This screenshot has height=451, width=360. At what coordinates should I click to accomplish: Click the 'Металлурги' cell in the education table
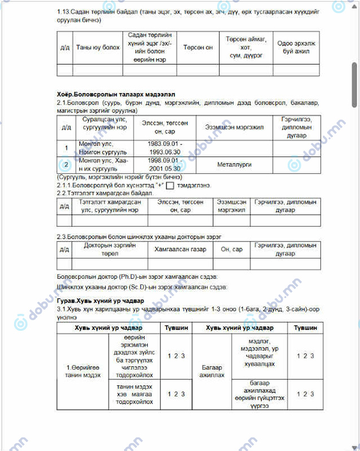(x=234, y=165)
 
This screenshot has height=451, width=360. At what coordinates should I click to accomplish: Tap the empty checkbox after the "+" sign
(x=170, y=185)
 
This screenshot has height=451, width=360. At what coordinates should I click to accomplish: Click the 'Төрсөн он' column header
(x=197, y=48)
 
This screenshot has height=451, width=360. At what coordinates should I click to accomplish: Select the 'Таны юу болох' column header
(x=98, y=48)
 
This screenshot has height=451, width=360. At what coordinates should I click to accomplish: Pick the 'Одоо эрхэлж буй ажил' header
(x=296, y=48)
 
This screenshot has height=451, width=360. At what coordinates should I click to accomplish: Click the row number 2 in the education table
(x=66, y=165)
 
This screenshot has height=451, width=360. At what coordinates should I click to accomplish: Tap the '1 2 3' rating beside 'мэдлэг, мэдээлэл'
(x=305, y=356)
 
